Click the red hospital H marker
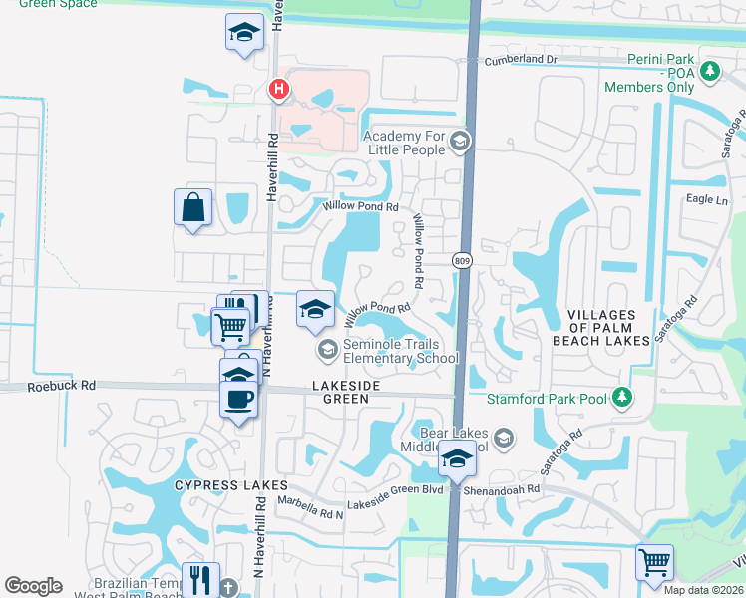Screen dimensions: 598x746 [279, 90]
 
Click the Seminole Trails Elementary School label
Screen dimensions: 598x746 [387, 351]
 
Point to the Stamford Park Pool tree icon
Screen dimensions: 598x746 [623, 399]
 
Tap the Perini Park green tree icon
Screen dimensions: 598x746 [709, 72]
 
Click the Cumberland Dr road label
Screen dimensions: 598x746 [519, 60]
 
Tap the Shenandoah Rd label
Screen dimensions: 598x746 [505, 489]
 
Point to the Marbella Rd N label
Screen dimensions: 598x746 [309, 507]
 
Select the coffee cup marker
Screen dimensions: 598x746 [238, 399]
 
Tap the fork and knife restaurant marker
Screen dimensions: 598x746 [200, 579]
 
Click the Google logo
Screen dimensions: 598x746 [33, 586]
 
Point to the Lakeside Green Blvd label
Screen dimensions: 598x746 [395, 505]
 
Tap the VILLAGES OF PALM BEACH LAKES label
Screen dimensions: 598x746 [608, 328]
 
